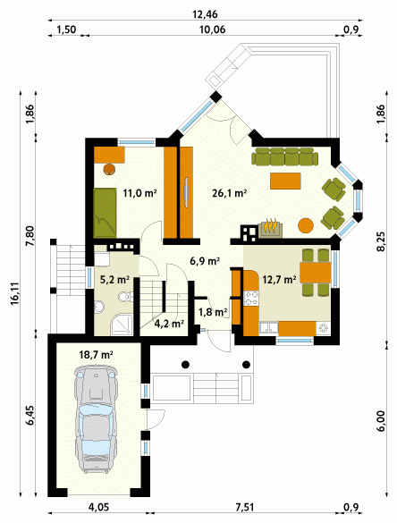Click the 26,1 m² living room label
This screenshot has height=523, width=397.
[x=230, y=193]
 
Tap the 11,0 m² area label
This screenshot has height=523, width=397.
[x=139, y=193]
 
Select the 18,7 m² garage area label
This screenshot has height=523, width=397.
[x=96, y=355]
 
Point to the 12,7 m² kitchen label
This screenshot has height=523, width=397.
[x=279, y=279]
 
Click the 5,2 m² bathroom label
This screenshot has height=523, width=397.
[x=114, y=280]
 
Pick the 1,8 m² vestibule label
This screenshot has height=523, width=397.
[x=213, y=312]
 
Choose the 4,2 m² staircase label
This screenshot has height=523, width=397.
[x=170, y=324]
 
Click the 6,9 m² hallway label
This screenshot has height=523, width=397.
[x=205, y=261]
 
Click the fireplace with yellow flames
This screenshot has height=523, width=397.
[x=270, y=229]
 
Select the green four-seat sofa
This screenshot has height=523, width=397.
[x=284, y=156]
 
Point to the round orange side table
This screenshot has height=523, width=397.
[x=306, y=225]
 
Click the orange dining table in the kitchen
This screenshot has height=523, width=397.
[x=316, y=273]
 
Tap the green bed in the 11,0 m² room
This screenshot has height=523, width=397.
[x=105, y=213]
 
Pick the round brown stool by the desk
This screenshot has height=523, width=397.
[x=109, y=169]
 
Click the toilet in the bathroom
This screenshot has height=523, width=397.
[x=125, y=296]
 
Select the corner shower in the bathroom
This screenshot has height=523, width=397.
[x=122, y=325]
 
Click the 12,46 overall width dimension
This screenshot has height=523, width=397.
[x=205, y=14]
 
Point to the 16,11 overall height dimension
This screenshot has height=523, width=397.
[x=14, y=294]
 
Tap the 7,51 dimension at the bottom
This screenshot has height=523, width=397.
[x=244, y=507]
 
